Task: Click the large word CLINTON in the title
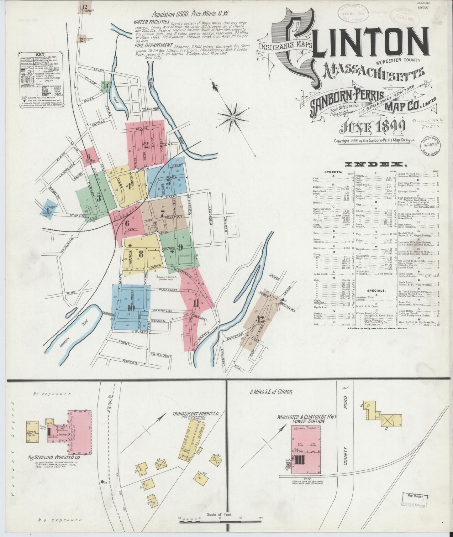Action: click(x=361, y=42)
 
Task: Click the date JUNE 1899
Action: click(x=365, y=126)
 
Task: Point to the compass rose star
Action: click(x=234, y=117)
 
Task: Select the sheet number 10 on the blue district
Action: click(x=131, y=308)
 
